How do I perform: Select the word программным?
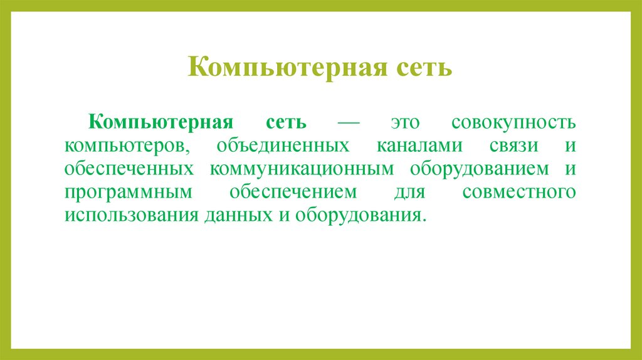126,193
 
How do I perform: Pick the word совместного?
518,193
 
